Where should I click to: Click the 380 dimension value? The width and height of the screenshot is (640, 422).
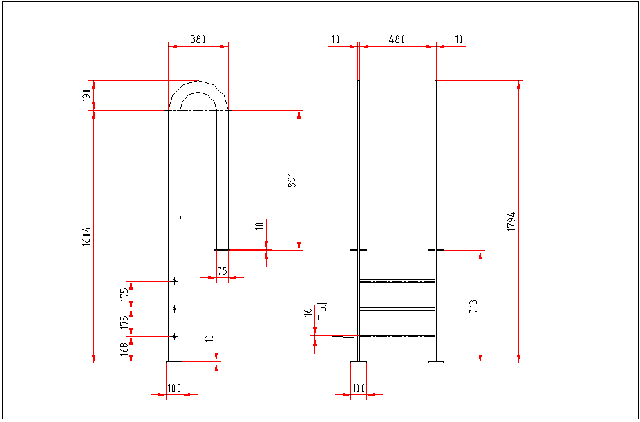(x=198, y=39)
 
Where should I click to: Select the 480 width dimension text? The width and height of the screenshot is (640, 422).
(x=396, y=39)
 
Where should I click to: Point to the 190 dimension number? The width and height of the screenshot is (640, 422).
(x=86, y=95)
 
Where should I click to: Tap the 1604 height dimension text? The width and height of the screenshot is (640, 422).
(x=86, y=236)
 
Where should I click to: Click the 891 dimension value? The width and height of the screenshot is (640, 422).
(x=292, y=180)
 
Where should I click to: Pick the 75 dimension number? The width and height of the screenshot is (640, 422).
(x=222, y=271)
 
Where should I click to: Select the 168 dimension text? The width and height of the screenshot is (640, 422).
(x=124, y=349)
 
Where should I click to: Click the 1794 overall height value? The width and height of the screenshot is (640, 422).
(x=511, y=221)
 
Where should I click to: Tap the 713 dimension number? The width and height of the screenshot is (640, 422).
(x=473, y=307)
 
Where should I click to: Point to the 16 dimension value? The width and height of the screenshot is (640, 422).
(x=308, y=312)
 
